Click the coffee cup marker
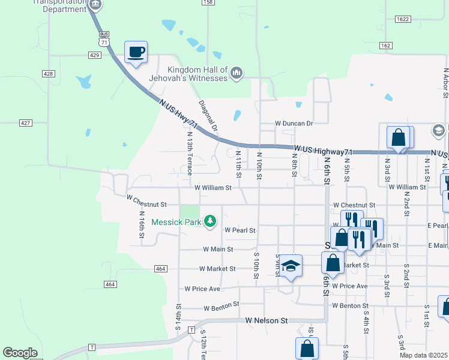[136, 52]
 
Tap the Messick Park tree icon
[210, 222]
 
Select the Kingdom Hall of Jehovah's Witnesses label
[197, 74]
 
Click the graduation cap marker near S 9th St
[290, 266]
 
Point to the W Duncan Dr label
[294, 123]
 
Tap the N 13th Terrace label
[190, 154]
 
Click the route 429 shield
[94, 55]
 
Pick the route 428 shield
[48, 73]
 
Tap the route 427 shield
[25, 122]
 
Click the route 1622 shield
[402, 19]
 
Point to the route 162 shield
[385, 46]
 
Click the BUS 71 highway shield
[105, 39]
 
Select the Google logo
[20, 353]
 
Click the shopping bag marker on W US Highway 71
[398, 137]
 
